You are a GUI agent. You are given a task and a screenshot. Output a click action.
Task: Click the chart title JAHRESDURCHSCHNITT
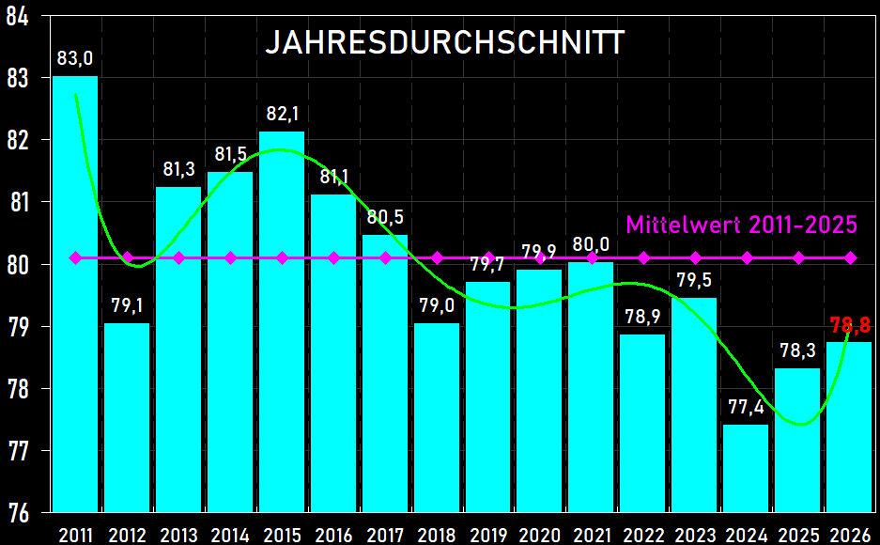445,43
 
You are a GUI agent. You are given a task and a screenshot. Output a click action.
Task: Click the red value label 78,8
850,326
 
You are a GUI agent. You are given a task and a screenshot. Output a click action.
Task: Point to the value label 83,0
75,58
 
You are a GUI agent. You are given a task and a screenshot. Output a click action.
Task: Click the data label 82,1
282,115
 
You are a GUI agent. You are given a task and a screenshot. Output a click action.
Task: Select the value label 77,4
747,408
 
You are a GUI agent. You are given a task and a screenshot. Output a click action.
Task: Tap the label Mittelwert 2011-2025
741,226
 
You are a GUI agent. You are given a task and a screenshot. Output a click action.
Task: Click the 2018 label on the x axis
437,535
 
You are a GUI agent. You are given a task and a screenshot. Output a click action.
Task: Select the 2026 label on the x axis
850,535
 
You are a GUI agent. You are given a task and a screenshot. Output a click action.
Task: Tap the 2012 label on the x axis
127,535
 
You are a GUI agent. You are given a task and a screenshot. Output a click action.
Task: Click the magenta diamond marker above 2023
695,257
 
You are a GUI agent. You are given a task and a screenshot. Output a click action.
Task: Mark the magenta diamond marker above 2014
230,257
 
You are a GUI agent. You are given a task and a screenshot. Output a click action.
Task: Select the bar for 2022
643,423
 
